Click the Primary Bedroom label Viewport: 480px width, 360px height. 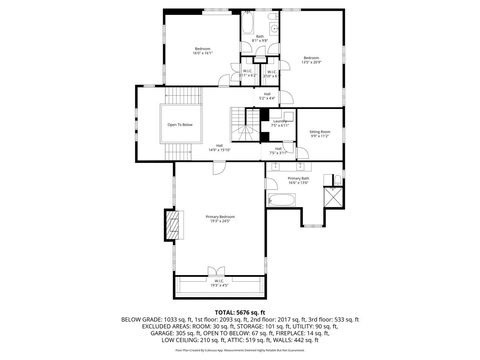click(x=219, y=219)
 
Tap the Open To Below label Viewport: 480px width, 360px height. click(x=180, y=124)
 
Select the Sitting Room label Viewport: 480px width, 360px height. click(x=320, y=132)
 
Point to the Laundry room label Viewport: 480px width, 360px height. click(x=281, y=123)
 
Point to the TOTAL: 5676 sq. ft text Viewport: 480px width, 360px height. click(x=239, y=312)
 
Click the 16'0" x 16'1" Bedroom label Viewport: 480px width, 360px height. click(x=203, y=51)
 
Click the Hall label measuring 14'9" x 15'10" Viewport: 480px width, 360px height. click(x=219, y=147)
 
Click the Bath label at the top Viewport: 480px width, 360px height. click(x=259, y=37)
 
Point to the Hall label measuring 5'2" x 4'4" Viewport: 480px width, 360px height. click(x=267, y=96)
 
